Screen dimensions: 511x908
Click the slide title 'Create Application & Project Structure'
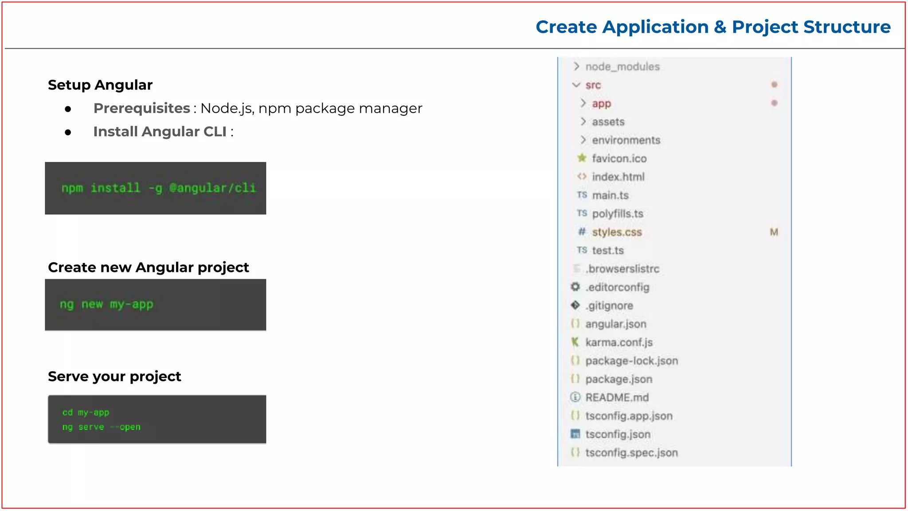tap(713, 27)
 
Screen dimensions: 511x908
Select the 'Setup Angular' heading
tap(100, 85)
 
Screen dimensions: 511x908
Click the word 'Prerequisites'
tap(142, 108)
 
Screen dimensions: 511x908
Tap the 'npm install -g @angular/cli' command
tap(159, 188)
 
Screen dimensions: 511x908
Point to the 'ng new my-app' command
tap(106, 305)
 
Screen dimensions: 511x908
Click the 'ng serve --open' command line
tap(101, 427)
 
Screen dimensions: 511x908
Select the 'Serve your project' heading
tap(114, 377)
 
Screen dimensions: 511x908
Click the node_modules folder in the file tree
tap(622, 67)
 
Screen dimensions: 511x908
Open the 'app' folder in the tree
tap(601, 103)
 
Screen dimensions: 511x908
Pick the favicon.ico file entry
tap(619, 158)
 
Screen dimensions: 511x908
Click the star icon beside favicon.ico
tap(582, 158)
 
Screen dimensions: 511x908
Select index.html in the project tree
tap(618, 177)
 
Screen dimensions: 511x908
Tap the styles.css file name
tap(617, 232)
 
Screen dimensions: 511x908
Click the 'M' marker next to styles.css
tap(774, 232)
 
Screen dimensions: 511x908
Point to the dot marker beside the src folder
tap(774, 85)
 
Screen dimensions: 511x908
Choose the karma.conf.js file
tap(619, 342)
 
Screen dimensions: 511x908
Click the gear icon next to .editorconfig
tap(575, 287)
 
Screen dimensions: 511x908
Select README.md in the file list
tap(617, 397)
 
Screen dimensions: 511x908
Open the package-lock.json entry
tap(631, 361)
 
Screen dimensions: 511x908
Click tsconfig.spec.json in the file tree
tap(631, 453)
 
